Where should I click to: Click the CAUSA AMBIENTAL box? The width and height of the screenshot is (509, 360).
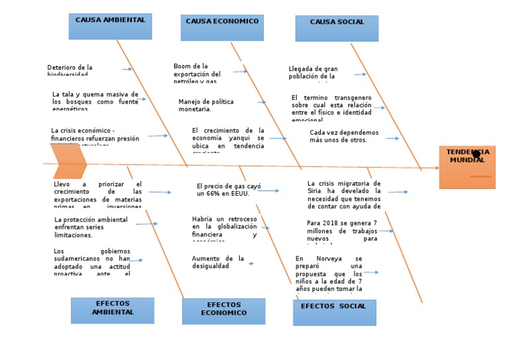point(110,27)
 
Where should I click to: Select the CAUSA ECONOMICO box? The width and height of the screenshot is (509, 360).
point(222,28)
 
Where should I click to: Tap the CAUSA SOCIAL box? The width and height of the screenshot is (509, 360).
point(337,29)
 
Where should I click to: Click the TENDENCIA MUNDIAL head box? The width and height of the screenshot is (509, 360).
point(467,167)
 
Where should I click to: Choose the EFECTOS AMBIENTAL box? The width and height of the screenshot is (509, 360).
point(112,310)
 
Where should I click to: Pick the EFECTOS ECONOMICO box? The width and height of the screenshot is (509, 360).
point(223,311)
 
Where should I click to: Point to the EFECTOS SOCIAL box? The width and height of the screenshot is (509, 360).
point(334,312)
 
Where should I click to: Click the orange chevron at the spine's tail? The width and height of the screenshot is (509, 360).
point(69,161)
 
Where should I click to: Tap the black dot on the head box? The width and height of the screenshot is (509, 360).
point(476,154)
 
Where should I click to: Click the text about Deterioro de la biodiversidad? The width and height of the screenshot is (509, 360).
point(70,70)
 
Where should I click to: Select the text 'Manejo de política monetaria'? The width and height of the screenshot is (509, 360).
point(206,105)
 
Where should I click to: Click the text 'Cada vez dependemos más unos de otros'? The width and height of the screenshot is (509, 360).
point(344,136)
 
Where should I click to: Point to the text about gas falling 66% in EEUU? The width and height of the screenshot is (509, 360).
point(223,190)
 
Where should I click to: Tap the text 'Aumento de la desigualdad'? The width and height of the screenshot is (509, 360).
point(218,262)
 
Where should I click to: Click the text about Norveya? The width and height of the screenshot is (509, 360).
point(329,274)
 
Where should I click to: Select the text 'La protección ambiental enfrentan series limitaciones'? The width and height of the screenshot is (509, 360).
point(91,227)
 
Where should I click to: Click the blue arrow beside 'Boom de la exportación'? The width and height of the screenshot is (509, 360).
point(239,72)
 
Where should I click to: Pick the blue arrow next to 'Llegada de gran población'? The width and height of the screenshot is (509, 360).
point(360,74)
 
